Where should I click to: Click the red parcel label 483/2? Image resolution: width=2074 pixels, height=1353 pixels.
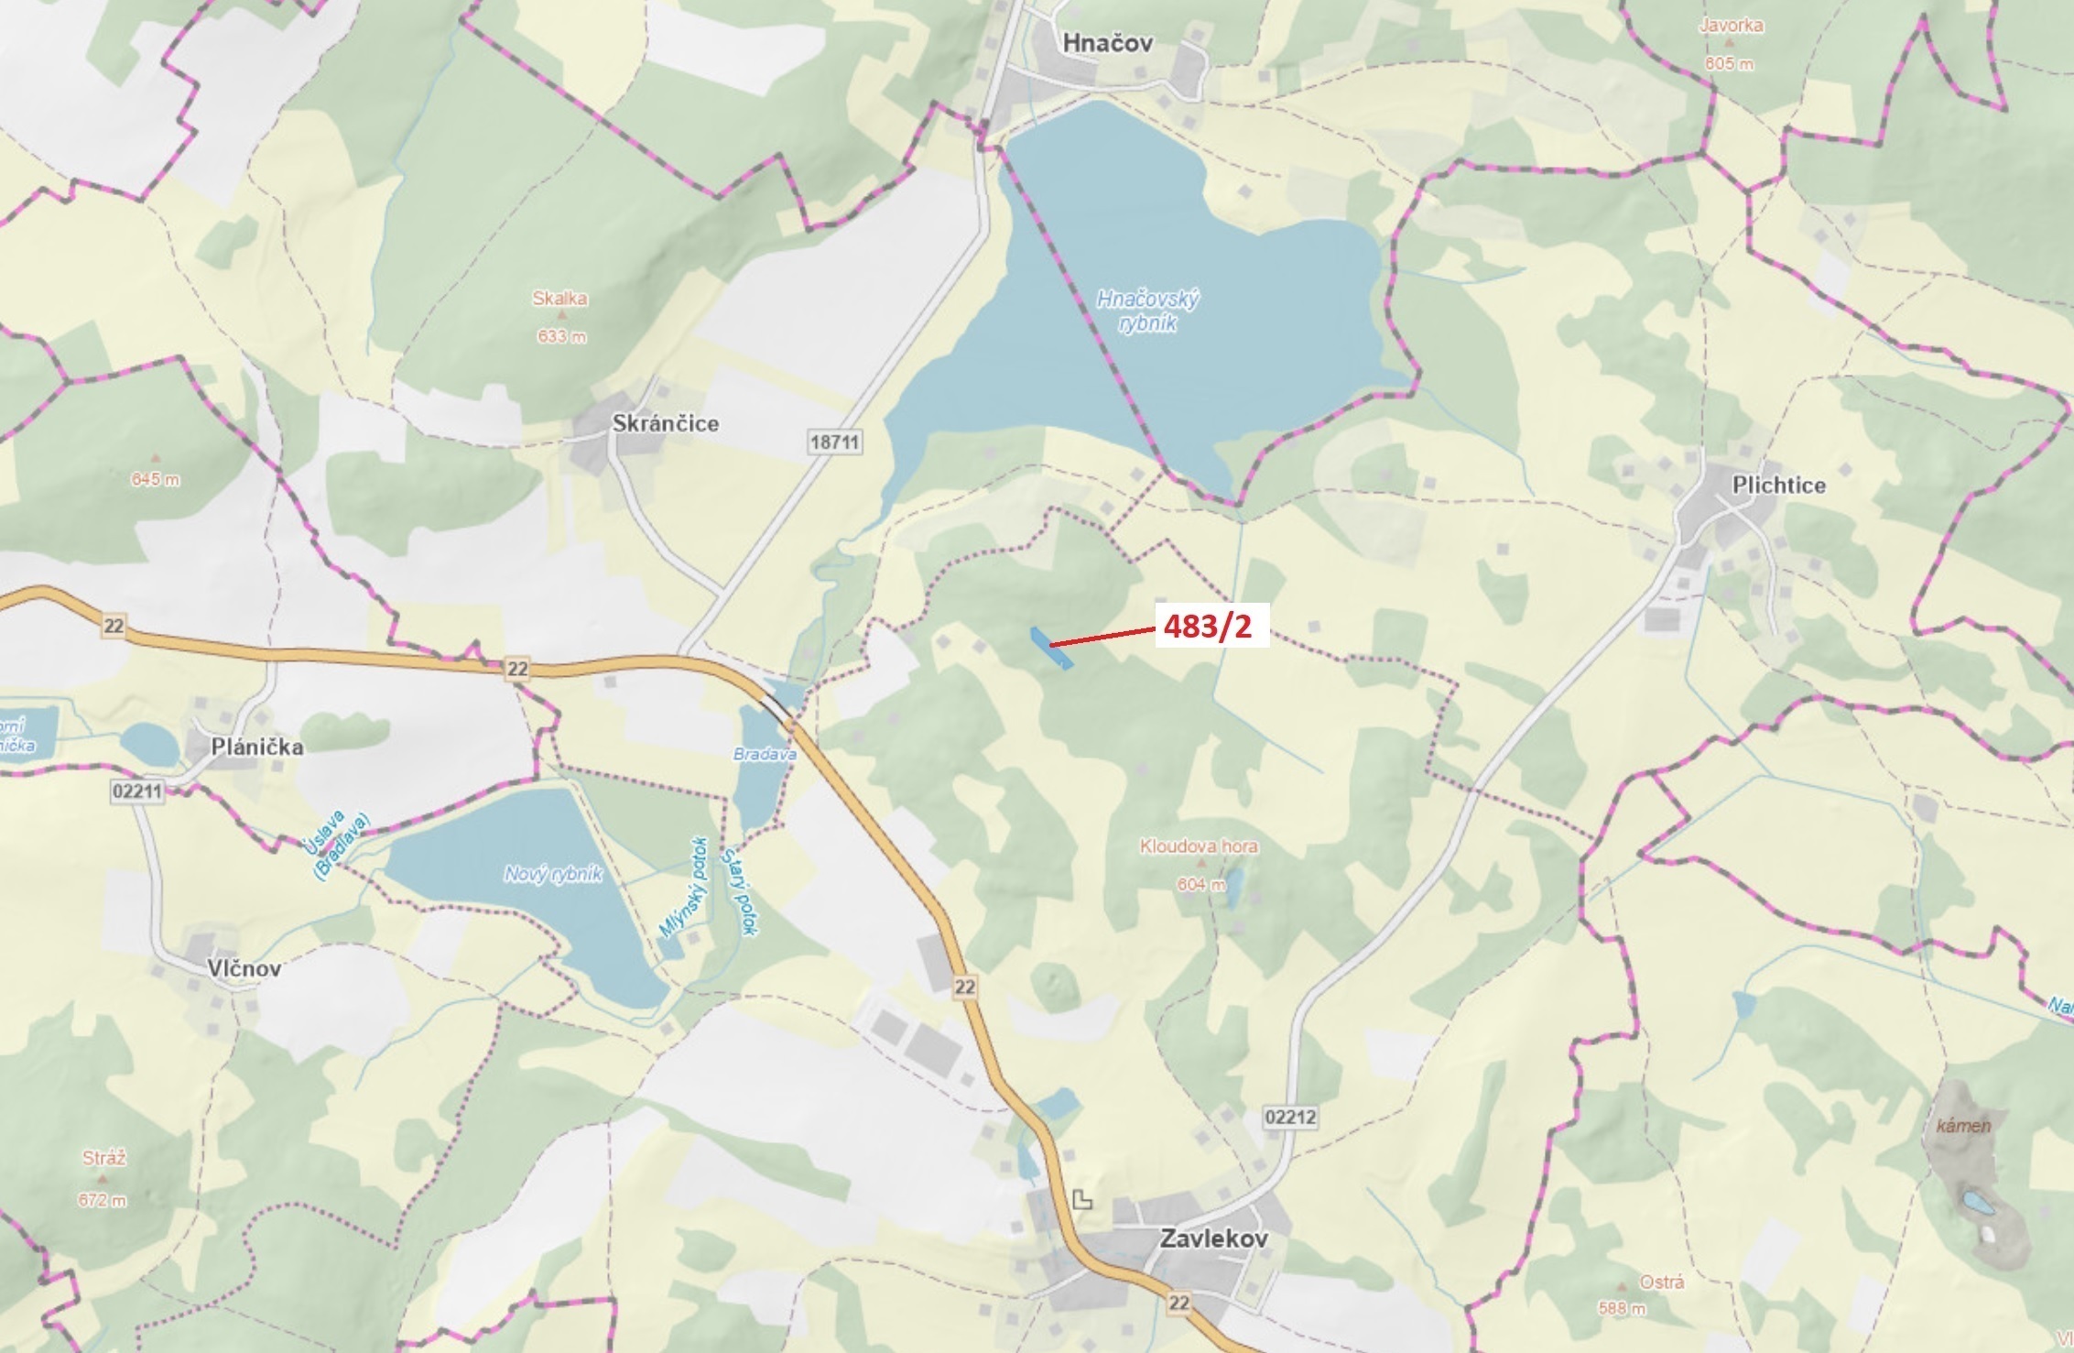click(1207, 626)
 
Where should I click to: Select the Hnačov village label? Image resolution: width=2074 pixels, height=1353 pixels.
click(1107, 43)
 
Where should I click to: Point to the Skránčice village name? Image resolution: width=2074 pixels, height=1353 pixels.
click(666, 423)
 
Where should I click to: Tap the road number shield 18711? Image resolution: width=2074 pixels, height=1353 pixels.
click(835, 442)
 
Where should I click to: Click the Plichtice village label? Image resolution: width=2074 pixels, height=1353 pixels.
click(1778, 486)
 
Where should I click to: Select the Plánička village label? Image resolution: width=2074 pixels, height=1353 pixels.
click(257, 747)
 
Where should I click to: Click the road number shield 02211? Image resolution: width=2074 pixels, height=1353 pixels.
click(136, 791)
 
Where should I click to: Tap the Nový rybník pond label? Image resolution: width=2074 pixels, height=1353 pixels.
click(553, 874)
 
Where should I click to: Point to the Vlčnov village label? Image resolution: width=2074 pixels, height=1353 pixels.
click(244, 968)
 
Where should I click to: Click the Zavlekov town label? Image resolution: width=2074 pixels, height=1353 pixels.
click(1213, 1238)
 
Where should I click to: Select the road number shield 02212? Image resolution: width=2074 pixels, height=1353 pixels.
click(1290, 1117)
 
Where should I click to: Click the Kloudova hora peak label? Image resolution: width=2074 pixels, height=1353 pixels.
click(1199, 846)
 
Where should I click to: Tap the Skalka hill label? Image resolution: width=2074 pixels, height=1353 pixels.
click(559, 299)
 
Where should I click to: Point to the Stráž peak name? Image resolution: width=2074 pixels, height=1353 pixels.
click(103, 1158)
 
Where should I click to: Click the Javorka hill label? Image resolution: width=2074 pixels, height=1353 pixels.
click(1731, 26)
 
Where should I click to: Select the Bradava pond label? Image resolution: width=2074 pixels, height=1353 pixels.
click(765, 754)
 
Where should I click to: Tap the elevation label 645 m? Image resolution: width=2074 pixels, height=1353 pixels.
click(156, 479)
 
